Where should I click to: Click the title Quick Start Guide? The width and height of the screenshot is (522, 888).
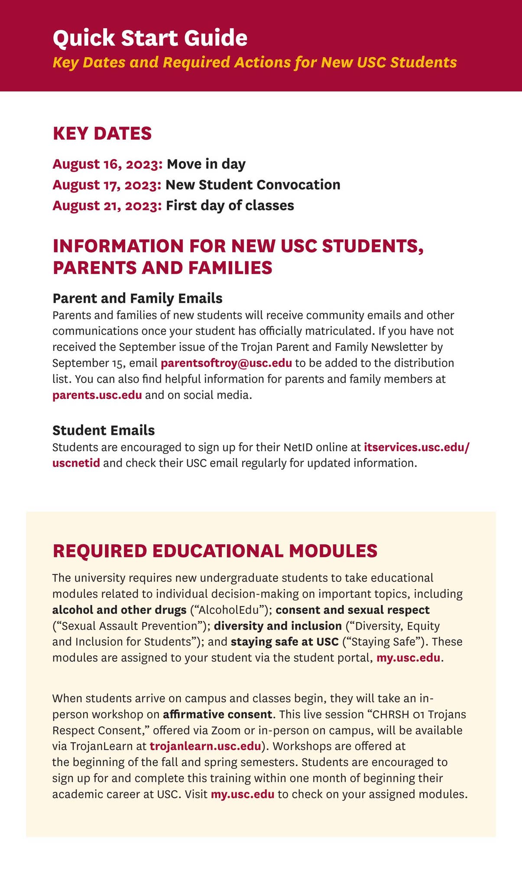coord(150,38)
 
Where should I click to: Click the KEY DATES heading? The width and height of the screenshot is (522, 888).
coord(102,134)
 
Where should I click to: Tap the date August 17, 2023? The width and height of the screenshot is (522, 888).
coord(107,185)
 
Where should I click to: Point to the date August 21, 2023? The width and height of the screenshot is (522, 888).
coord(107,206)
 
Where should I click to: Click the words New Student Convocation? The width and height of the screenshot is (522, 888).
coord(253,185)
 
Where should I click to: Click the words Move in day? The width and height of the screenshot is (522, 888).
coord(206,164)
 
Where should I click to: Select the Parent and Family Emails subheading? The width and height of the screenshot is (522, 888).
coord(137,298)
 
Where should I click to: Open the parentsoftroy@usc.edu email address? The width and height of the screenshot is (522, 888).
coord(226,363)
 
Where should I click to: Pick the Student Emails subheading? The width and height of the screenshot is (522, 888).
coord(104,430)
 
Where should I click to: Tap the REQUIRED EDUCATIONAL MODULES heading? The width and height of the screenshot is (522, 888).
coord(215,551)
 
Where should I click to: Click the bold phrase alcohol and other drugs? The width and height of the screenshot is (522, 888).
coord(119,610)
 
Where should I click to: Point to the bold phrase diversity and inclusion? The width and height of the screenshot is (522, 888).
coord(278,626)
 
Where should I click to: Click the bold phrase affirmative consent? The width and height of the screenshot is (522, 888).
coord(218,714)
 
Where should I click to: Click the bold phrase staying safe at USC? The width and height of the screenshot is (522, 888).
coord(285,642)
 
